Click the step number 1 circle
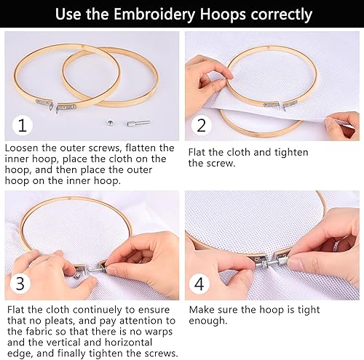[23, 125]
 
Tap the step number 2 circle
[202, 125]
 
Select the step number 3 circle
[20, 283]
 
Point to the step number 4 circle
[199, 284]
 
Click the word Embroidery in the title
[154, 15]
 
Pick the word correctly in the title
[282, 15]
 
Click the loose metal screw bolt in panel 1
[138, 123]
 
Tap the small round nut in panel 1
[111, 124]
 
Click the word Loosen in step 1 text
[21, 148]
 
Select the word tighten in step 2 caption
[291, 152]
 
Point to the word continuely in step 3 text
[98, 310]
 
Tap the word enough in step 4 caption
[208, 321]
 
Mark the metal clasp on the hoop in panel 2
[280, 105]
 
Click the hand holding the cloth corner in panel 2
[343, 124]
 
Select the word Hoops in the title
[223, 15]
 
